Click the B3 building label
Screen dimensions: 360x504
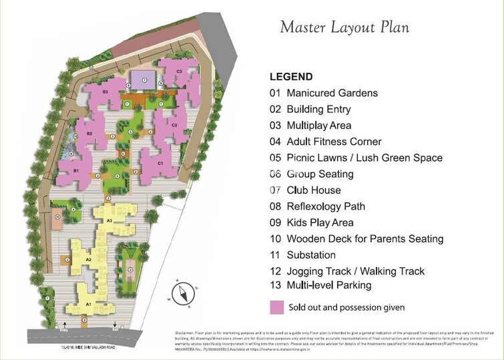[x=105, y=92]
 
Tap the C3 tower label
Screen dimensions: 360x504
[x=179, y=71]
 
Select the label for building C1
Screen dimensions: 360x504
[x=160, y=163]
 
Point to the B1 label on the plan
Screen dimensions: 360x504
[x=76, y=171]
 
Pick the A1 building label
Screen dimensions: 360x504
[x=87, y=304]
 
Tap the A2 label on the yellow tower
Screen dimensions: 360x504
[x=88, y=259]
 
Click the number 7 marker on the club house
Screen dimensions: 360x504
[x=144, y=80]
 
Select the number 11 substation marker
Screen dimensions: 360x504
[x=58, y=217]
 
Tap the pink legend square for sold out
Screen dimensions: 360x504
[x=276, y=308]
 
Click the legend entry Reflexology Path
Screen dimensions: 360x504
[x=317, y=206]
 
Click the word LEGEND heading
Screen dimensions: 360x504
[x=290, y=77]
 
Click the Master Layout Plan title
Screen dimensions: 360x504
[x=344, y=27]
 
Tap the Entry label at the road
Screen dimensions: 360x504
[x=64, y=329]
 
